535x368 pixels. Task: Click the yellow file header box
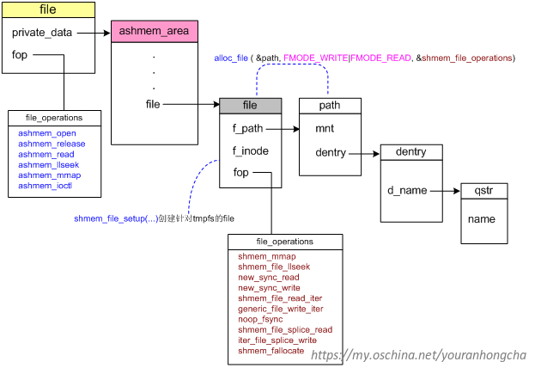pyautogui.click(x=47, y=10)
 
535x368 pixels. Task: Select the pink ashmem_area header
pyautogui.click(x=154, y=32)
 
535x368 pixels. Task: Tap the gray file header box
pyautogui.click(x=250, y=106)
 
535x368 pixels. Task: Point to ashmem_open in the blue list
pyautogui.click(x=46, y=133)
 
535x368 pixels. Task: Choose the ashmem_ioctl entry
pyautogui.click(x=46, y=185)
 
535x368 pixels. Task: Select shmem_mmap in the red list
pyautogui.click(x=266, y=257)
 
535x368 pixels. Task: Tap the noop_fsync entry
pyautogui.click(x=260, y=319)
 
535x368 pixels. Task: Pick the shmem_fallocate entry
pyautogui.click(x=271, y=350)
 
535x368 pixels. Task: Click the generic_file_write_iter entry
pyautogui.click(x=280, y=309)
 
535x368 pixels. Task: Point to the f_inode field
pyautogui.click(x=250, y=151)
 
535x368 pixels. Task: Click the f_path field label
pyautogui.click(x=247, y=129)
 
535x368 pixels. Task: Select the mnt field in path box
pyautogui.click(x=325, y=129)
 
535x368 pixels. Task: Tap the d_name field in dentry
pyautogui.click(x=406, y=191)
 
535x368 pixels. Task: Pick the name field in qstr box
pyautogui.click(x=482, y=219)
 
